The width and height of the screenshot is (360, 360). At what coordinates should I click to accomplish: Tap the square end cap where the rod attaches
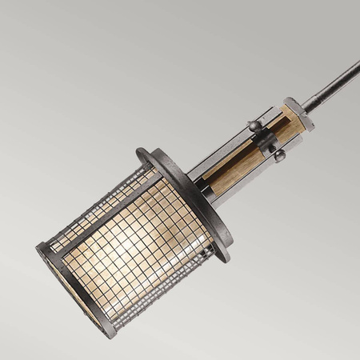(x=298, y=112)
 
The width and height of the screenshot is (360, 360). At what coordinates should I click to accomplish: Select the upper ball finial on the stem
(x=254, y=125)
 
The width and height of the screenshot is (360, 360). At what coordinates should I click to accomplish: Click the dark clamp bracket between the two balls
(x=267, y=140)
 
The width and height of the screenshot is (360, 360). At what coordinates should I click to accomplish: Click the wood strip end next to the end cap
(x=293, y=124)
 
